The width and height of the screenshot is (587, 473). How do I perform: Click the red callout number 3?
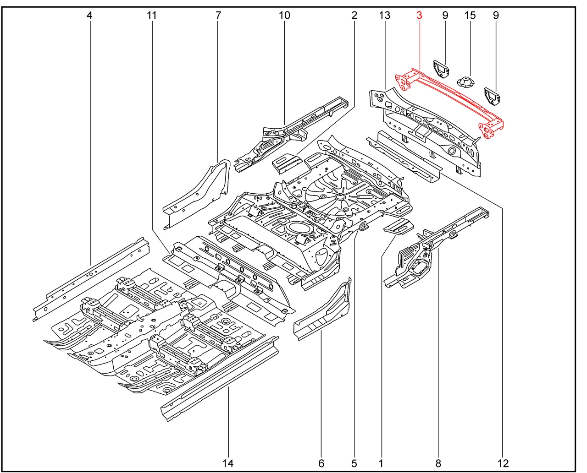pyautogui.click(x=419, y=16)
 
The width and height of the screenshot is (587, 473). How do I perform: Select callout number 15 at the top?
pyautogui.click(x=470, y=16)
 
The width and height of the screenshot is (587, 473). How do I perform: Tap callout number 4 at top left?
pyautogui.click(x=89, y=16)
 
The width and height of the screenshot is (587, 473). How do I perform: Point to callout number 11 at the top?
pyautogui.click(x=152, y=16)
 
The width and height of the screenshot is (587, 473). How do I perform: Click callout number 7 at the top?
pyautogui.click(x=218, y=16)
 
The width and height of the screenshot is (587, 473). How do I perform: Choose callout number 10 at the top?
pyautogui.click(x=284, y=16)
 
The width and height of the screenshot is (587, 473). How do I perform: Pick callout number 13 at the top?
pyautogui.click(x=385, y=16)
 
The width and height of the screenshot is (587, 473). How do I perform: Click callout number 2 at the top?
pyautogui.click(x=354, y=16)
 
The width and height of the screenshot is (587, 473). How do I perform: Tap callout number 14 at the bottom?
pyautogui.click(x=228, y=463)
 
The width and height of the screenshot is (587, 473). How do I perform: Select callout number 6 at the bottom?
pyautogui.click(x=321, y=463)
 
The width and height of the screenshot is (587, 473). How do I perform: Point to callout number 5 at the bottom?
pyautogui.click(x=354, y=463)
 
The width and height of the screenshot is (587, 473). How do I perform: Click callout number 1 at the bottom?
pyautogui.click(x=381, y=463)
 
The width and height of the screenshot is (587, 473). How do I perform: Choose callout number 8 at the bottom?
pyautogui.click(x=438, y=463)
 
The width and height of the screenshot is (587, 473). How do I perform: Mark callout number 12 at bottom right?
pyautogui.click(x=503, y=463)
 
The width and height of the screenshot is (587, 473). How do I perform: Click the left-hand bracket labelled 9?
pyautogui.click(x=441, y=69)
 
